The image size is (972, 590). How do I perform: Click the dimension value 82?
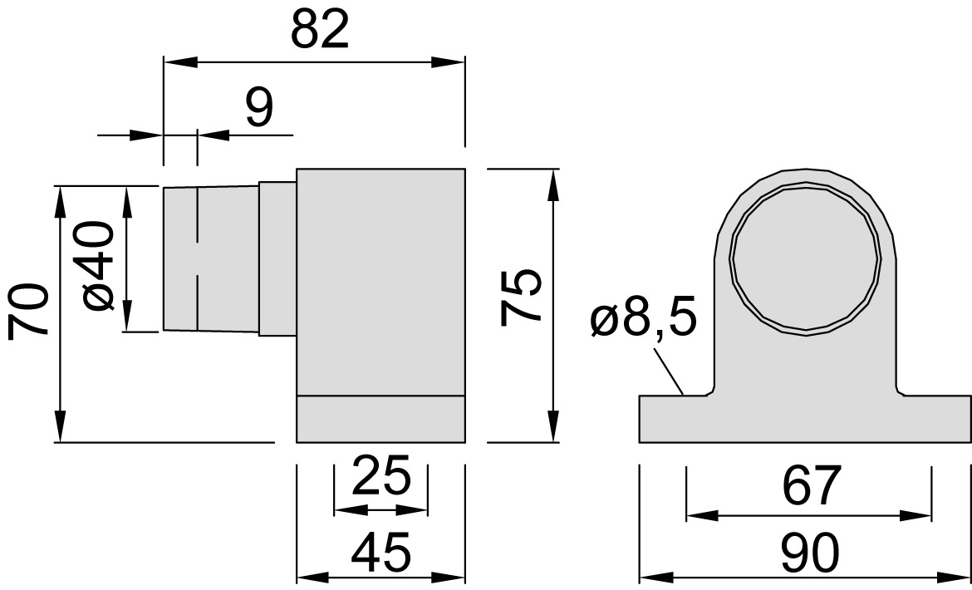(x=320, y=29)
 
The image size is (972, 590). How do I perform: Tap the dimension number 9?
(x=259, y=106)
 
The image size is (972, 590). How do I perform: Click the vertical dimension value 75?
(x=522, y=296)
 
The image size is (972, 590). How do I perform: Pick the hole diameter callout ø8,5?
(x=644, y=317)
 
